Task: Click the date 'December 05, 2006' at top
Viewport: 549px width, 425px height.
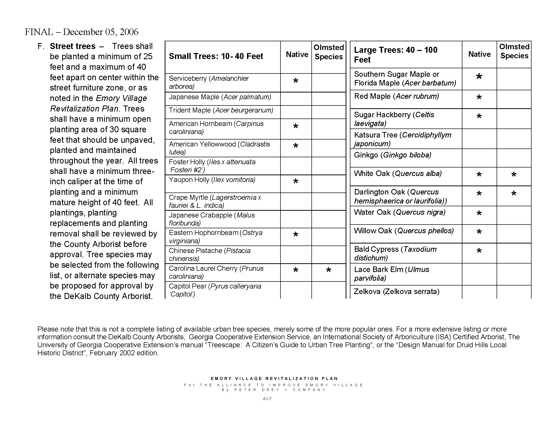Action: (x=101, y=32)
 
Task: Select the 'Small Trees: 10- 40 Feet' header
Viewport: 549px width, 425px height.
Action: (x=216, y=56)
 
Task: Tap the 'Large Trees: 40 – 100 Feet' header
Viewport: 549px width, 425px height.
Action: (x=396, y=55)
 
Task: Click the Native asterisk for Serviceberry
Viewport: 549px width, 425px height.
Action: (x=296, y=81)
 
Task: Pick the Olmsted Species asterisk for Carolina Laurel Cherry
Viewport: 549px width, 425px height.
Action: (x=328, y=270)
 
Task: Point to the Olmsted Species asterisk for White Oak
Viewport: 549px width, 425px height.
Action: (x=514, y=174)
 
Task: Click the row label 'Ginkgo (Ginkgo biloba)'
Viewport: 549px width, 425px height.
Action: (x=392, y=155)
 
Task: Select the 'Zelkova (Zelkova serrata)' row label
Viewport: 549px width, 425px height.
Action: (x=397, y=291)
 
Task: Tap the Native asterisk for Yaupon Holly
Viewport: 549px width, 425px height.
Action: (x=296, y=181)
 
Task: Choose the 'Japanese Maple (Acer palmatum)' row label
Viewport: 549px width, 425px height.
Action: (x=220, y=97)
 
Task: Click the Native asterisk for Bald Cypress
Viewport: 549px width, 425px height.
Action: (x=479, y=251)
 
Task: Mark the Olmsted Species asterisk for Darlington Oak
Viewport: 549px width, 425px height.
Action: (x=514, y=193)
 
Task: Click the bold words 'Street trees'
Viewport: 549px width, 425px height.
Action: (x=73, y=46)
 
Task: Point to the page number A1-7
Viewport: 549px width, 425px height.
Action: (x=267, y=399)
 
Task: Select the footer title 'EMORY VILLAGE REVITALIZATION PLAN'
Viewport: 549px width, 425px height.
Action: (x=274, y=378)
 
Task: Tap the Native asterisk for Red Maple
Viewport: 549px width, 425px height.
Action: (x=479, y=97)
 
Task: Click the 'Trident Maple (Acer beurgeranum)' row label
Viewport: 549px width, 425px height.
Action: (x=221, y=110)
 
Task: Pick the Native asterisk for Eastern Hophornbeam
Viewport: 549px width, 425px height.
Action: (x=296, y=235)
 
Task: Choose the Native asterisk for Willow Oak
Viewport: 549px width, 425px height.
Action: (x=479, y=232)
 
